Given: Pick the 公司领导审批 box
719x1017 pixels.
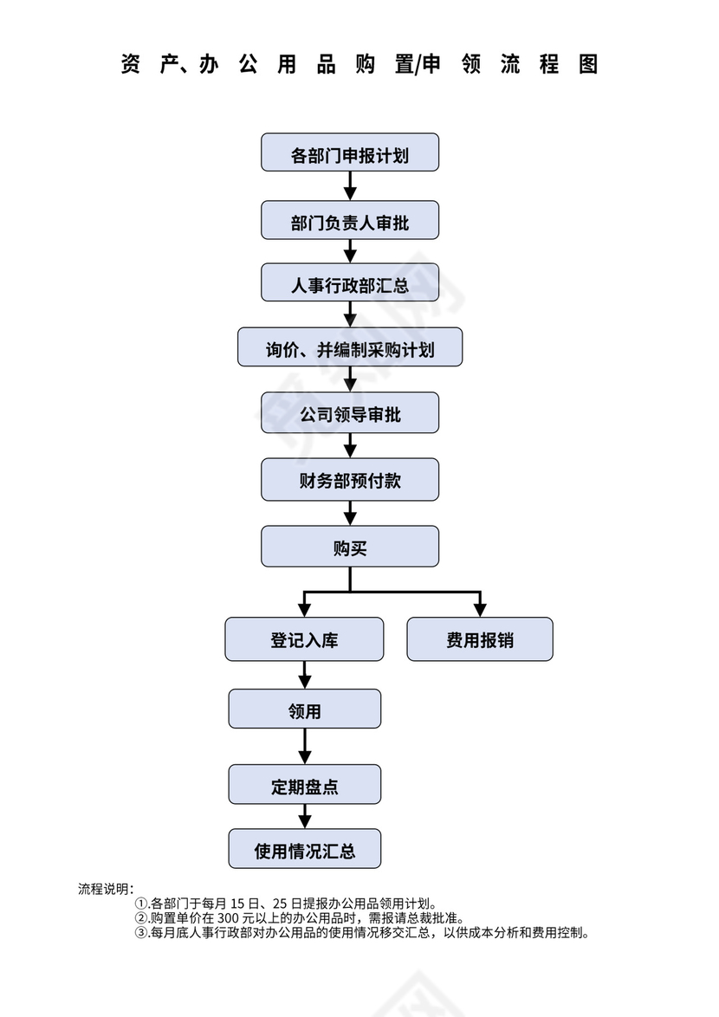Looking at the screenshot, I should [350, 412].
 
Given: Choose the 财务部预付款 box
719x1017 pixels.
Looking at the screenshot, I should [350, 479].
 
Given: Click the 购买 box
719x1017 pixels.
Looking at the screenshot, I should [350, 547].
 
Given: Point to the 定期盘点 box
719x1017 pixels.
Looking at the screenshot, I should [304, 784].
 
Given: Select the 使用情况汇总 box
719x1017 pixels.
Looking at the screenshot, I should [304, 849].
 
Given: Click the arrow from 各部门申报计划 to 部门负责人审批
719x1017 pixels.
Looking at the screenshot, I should [350, 185].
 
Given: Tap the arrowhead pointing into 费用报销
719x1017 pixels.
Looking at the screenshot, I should [479, 609].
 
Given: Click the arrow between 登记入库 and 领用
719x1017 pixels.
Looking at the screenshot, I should [304, 675].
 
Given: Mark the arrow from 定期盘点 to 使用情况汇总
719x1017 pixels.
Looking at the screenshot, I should [304, 816].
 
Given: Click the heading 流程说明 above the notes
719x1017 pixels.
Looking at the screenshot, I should [105, 889].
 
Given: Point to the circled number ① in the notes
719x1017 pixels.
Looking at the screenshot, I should [141, 903].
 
